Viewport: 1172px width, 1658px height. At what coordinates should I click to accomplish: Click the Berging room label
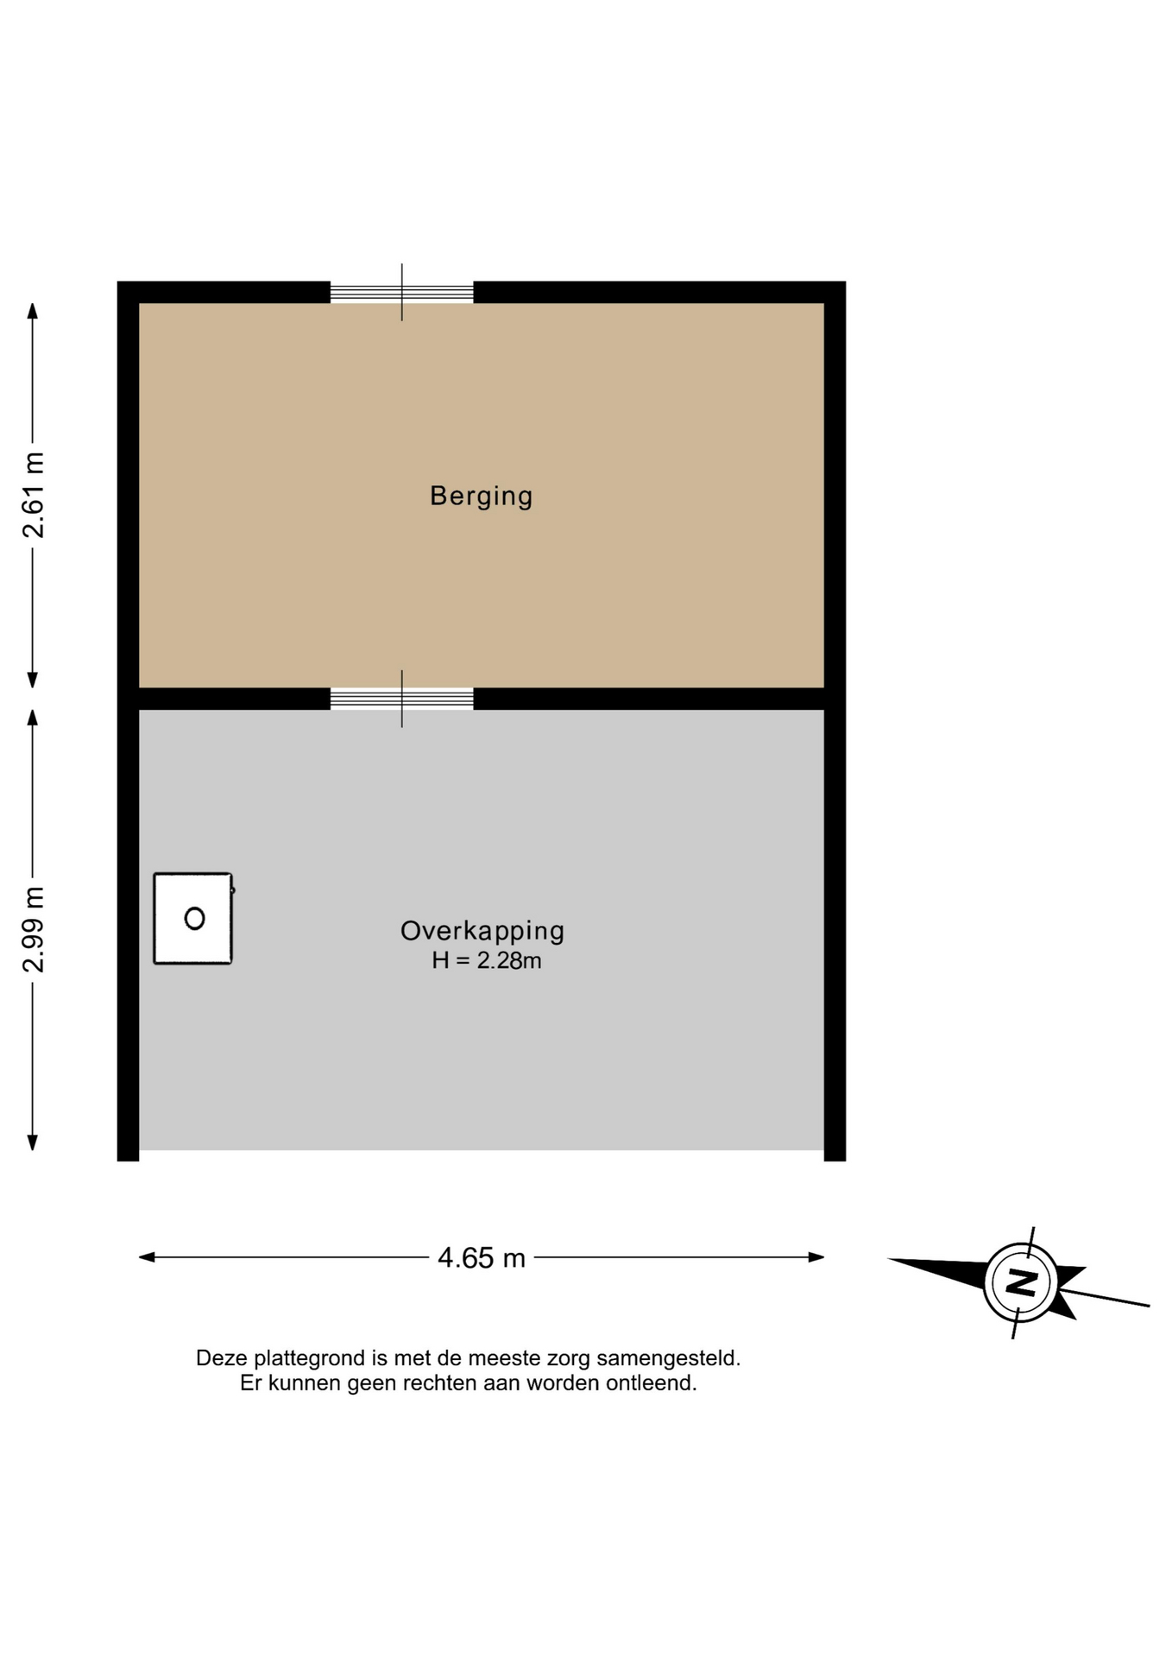tap(481, 496)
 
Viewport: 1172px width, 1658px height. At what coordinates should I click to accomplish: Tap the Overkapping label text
tap(482, 930)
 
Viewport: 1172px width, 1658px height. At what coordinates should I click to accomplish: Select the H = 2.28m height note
tap(487, 960)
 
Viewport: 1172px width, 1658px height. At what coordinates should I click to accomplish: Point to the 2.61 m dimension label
tap(33, 495)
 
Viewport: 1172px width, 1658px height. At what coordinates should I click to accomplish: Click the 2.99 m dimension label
tap(33, 929)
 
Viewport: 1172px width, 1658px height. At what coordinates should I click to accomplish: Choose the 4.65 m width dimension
tap(482, 1257)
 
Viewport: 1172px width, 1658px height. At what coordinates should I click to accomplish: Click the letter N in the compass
tap(1022, 1281)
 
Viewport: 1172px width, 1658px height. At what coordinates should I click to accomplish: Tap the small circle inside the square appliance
tap(195, 918)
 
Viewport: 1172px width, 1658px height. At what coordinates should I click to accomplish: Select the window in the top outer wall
tap(402, 292)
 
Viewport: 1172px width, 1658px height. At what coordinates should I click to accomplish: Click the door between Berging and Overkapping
tap(402, 699)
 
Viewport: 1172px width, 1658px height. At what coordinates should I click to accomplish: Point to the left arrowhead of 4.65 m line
tap(147, 1257)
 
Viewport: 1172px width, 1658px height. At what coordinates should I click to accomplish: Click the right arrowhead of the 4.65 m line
tap(816, 1257)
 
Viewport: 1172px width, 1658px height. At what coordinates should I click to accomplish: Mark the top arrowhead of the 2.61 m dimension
tap(33, 311)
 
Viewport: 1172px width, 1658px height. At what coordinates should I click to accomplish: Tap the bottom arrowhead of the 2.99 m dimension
tap(33, 1142)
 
